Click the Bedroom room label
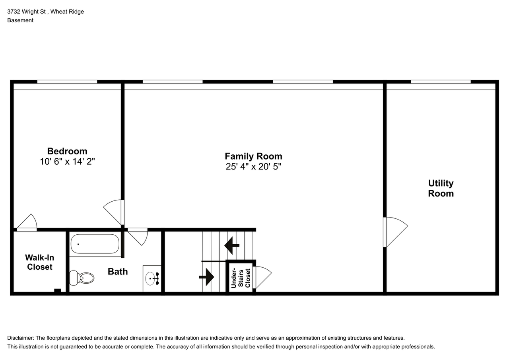tap(67, 151)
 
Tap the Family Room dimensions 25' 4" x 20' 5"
tap(253, 167)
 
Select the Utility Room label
tap(441, 188)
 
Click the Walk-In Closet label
tap(39, 262)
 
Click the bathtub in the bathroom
tap(95, 244)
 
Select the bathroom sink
tap(152, 278)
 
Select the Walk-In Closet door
tap(27, 223)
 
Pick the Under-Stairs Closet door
tap(262, 277)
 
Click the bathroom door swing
tap(138, 237)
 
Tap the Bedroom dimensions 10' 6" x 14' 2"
tap(67, 162)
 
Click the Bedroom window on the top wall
tap(67, 82)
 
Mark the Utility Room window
tap(441, 82)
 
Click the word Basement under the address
tap(20, 20)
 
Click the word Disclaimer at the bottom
tap(20, 338)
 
